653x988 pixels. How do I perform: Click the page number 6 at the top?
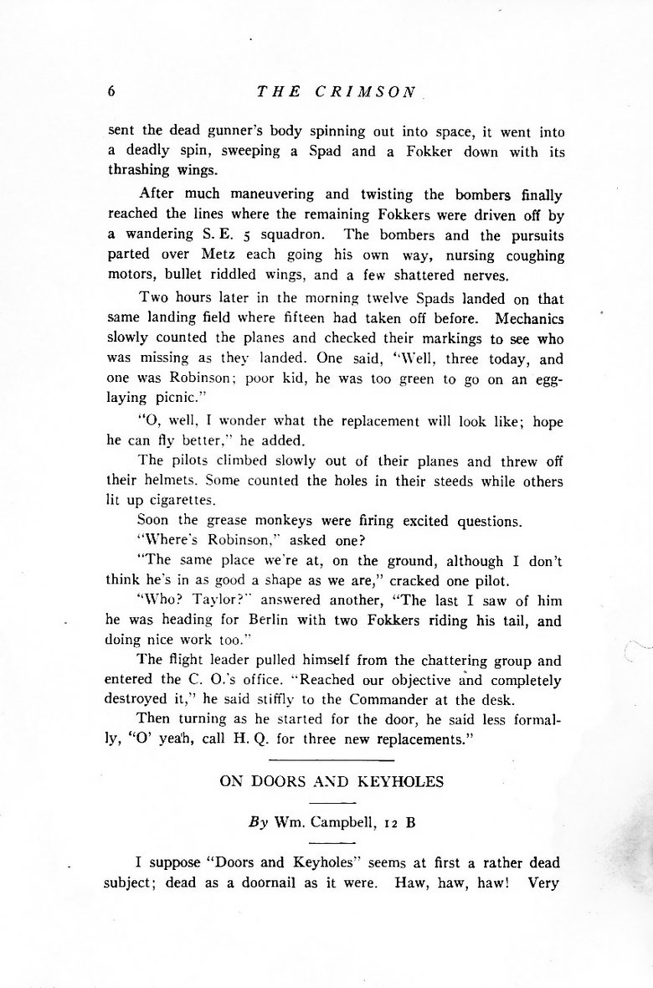111,92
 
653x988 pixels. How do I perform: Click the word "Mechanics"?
529,318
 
